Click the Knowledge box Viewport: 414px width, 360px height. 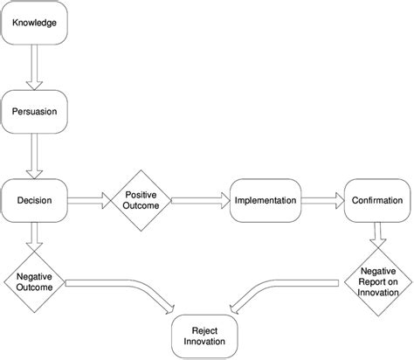tap(35, 21)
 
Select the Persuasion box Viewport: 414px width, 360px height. tap(35, 111)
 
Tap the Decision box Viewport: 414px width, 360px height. tap(35, 201)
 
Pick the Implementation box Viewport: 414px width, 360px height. tap(265, 201)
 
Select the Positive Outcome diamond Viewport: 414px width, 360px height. tap(140, 201)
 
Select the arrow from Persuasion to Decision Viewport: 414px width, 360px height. tap(35, 156)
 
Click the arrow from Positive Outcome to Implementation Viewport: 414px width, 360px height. tap(197, 202)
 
